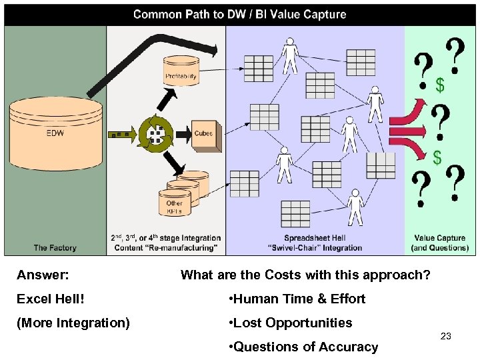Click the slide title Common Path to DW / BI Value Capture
(239, 15)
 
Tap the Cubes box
(203, 133)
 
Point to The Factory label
(55, 247)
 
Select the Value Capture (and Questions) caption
(441, 243)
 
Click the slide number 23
(446, 337)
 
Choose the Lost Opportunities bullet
(291, 323)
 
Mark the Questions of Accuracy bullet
(303, 347)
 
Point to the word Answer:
(43, 275)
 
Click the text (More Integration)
(73, 323)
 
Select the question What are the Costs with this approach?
(305, 275)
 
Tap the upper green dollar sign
(439, 85)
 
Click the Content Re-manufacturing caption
(166, 243)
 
